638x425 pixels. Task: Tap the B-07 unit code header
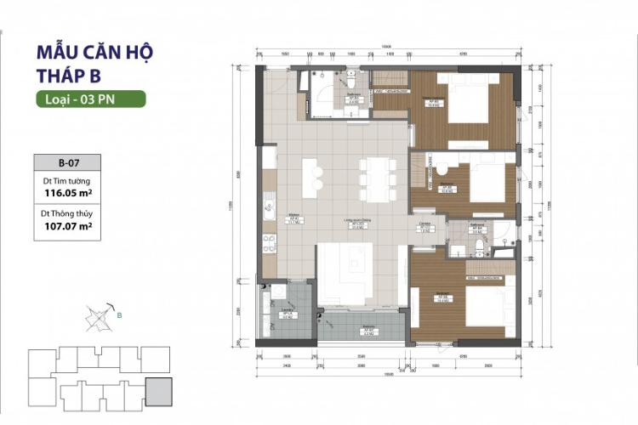[x=67, y=162]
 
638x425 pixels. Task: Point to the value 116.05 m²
[x=67, y=193]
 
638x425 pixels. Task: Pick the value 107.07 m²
[x=67, y=227]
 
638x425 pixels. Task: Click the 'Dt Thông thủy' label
[x=67, y=214]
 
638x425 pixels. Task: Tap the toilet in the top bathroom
[x=350, y=82]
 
